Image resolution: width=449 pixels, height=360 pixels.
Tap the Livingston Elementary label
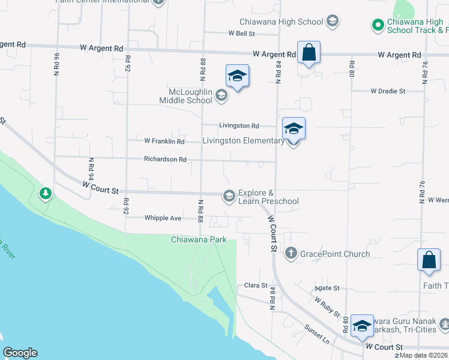[243, 141]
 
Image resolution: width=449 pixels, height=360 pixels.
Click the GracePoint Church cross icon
[291, 253]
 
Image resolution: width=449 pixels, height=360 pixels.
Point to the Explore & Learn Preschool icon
[229, 196]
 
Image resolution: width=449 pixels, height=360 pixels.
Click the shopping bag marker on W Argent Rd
[309, 53]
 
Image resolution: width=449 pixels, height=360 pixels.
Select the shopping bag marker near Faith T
[429, 260]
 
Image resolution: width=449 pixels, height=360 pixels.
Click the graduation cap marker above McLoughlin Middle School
[237, 76]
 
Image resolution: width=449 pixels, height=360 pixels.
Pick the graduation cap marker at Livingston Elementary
[294, 129]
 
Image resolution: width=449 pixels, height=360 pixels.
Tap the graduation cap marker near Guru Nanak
[362, 326]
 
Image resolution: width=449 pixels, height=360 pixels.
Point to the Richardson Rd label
[165, 160]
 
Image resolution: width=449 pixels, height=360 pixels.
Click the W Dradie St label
[388, 91]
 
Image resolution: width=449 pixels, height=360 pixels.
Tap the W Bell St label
[242, 34]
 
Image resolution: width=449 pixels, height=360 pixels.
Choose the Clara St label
[256, 286]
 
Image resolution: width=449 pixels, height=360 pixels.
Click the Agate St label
[328, 288]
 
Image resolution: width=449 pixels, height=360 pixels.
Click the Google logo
[20, 353]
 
